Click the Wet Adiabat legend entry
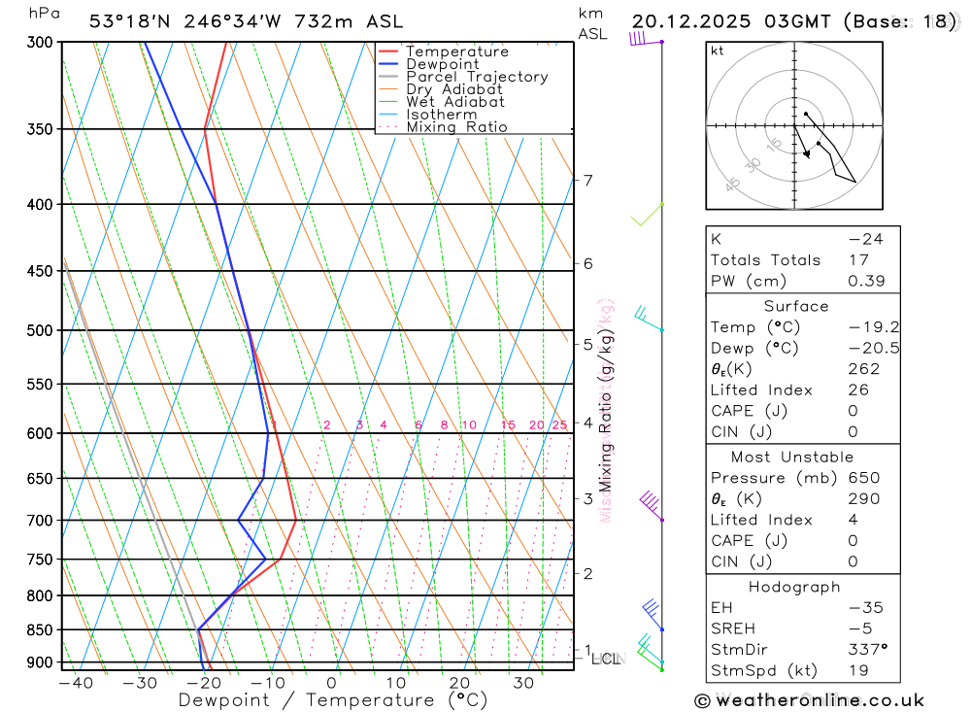455,102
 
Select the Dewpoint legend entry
442,64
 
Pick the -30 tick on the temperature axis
140,683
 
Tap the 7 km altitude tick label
587,180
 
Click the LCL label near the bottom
605,661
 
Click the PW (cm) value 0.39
863,281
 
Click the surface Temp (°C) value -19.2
858,327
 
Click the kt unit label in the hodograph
717,51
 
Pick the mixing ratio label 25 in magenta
558,425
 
